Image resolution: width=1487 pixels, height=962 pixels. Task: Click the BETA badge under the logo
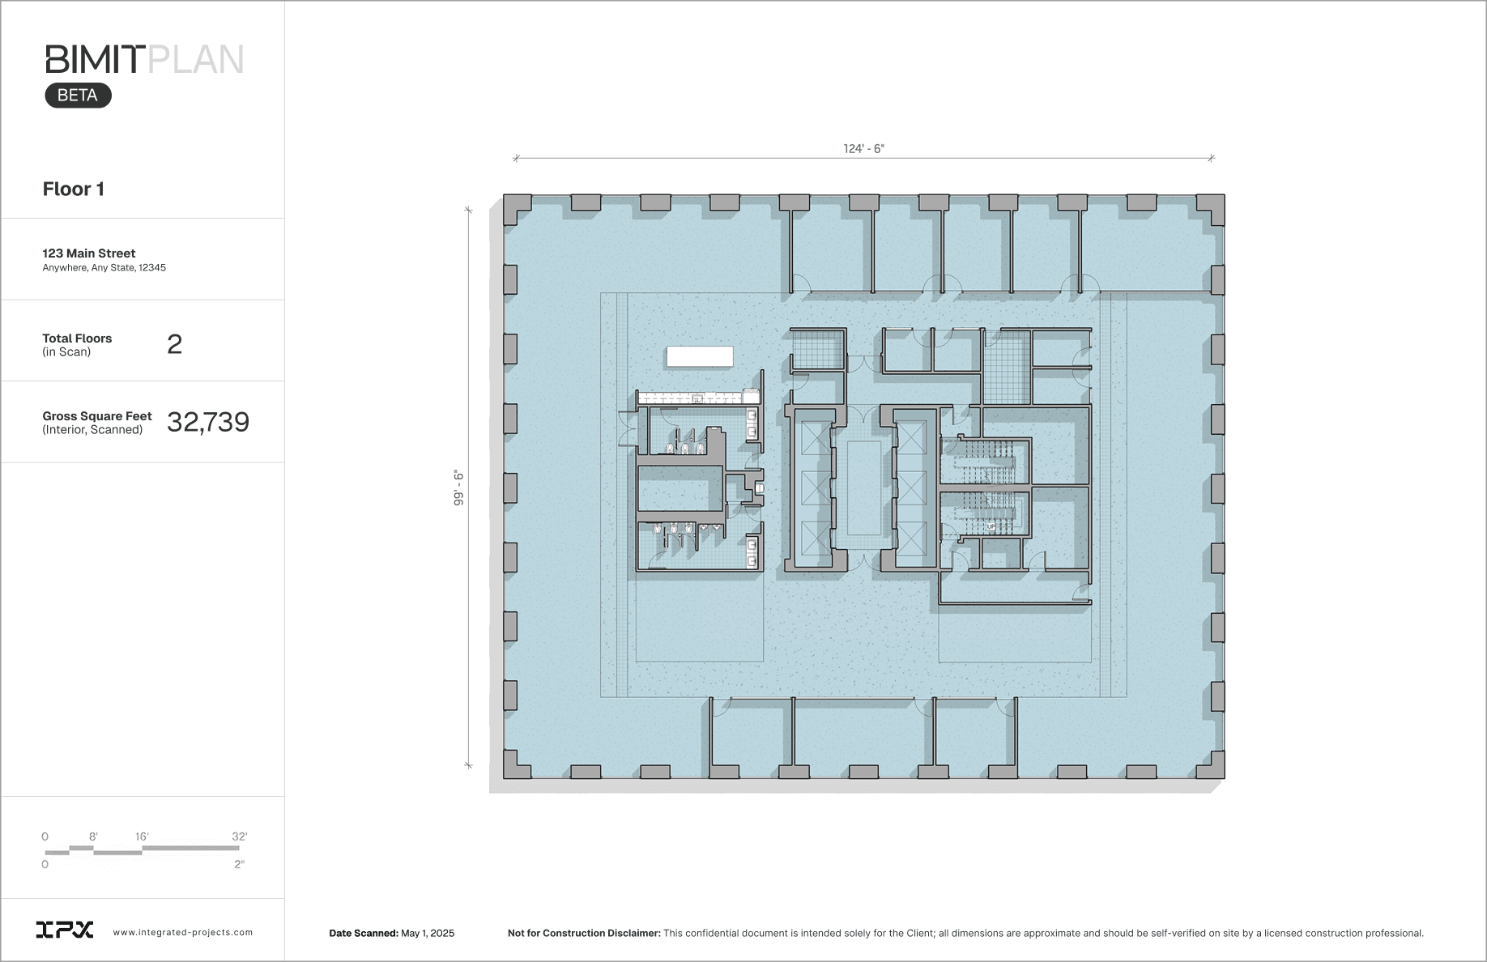[78, 96]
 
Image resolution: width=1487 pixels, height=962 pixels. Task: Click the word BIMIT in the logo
[95, 60]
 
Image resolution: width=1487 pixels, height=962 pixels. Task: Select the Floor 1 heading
[73, 189]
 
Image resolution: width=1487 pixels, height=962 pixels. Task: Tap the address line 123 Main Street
[89, 253]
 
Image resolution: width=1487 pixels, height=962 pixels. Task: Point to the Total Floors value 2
[174, 344]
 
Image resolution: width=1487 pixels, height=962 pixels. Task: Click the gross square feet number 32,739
[208, 422]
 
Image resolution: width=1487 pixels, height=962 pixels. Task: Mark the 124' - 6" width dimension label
[863, 148]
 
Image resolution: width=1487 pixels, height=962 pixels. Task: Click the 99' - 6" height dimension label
[458, 487]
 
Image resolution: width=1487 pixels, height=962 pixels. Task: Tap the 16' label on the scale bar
[142, 836]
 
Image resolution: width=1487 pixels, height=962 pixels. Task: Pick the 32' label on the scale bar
[240, 836]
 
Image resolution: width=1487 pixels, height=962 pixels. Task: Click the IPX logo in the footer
[65, 930]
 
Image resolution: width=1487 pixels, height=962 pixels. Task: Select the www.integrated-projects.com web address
[183, 933]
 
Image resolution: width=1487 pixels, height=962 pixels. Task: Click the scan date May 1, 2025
[428, 933]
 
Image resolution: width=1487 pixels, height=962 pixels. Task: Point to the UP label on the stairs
[991, 526]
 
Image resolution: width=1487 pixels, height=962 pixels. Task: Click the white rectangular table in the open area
[700, 356]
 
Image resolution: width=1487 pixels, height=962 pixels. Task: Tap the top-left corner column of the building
[517, 208]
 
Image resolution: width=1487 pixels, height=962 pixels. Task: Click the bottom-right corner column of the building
[1211, 765]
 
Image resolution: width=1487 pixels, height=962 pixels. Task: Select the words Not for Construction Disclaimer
[584, 933]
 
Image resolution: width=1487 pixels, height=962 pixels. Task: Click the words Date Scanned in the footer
[364, 933]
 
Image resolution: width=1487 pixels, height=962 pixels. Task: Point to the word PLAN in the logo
[196, 60]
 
